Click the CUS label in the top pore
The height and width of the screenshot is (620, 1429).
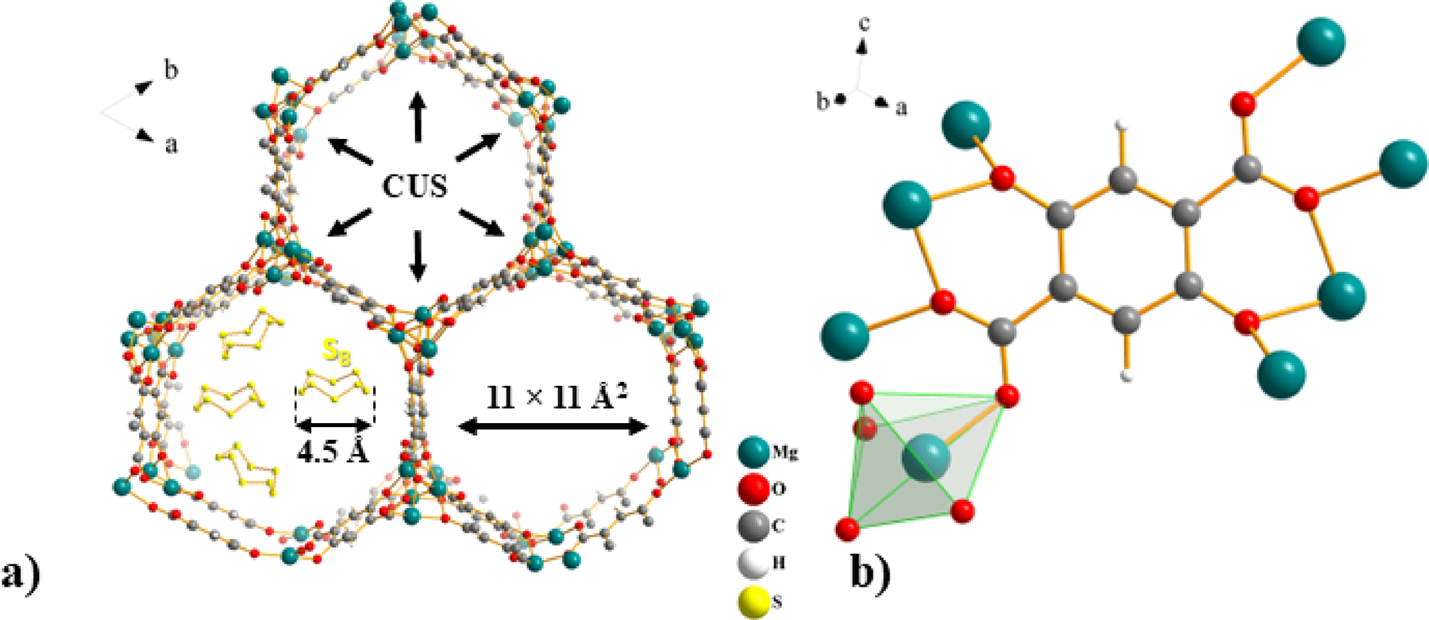click(415, 186)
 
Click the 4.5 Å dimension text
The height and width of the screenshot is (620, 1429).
click(333, 451)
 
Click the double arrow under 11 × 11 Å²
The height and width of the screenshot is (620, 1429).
click(554, 427)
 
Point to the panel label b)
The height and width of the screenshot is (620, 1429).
click(871, 573)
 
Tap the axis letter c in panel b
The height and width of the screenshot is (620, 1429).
click(865, 24)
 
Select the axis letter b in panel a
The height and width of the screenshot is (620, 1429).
click(171, 70)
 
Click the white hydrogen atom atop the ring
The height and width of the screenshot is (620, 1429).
click(1122, 125)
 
